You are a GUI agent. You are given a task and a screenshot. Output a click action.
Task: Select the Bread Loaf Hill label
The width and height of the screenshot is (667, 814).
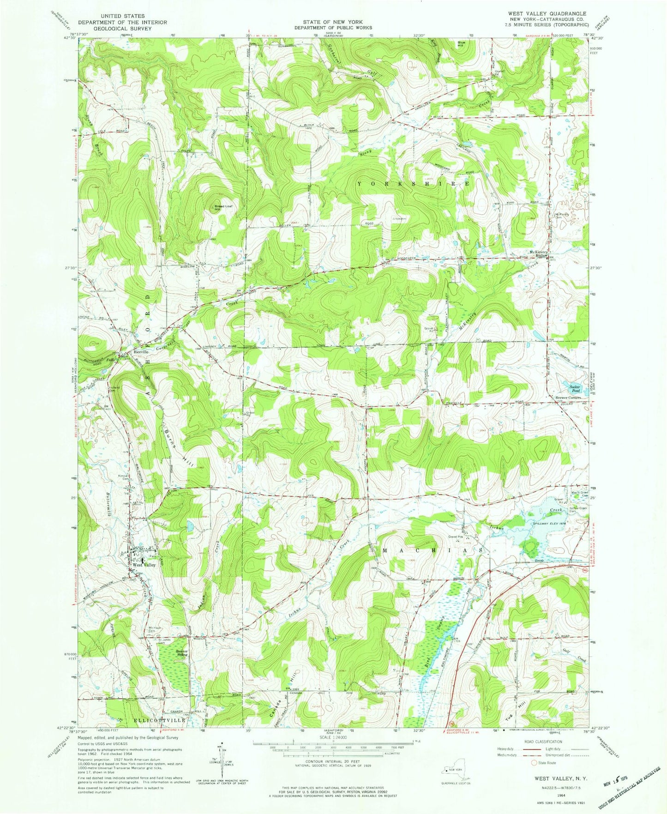point(222,207)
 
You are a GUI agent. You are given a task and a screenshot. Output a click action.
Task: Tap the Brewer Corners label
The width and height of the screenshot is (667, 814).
point(568,398)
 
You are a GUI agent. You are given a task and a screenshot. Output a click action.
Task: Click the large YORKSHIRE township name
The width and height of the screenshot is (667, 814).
point(413,184)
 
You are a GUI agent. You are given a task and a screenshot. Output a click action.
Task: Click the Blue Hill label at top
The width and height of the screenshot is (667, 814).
point(461,43)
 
